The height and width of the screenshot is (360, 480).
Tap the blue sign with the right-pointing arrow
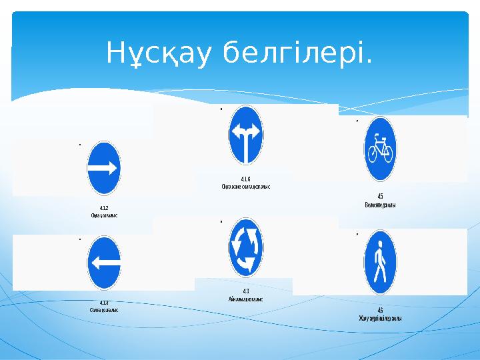coord(104,167)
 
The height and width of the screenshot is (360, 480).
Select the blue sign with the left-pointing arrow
coord(104,263)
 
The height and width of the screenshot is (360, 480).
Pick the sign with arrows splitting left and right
coord(246,134)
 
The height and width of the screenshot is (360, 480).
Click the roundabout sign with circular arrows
coord(246,247)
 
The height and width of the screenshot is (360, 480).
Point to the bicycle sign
coord(380,149)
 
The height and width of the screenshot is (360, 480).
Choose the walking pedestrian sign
coord(380,262)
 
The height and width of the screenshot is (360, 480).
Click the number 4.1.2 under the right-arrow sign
coord(104,208)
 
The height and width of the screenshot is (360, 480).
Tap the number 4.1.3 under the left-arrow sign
coord(104,303)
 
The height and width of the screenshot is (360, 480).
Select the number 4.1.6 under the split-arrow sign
coord(246,179)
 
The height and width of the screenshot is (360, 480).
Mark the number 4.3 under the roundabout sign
coord(246,291)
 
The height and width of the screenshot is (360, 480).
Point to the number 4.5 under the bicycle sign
coord(380,197)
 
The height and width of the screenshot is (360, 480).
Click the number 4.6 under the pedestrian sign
coord(380,310)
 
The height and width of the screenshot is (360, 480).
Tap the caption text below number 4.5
coord(380,205)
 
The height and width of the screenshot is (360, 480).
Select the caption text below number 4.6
coord(380,318)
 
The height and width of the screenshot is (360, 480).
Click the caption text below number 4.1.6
coord(246,187)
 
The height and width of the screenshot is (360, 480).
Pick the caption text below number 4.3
coord(246,299)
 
